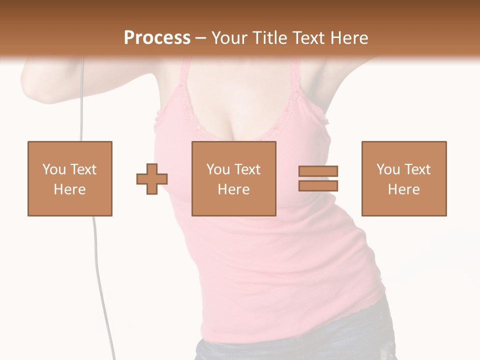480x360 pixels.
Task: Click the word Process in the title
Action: point(157,37)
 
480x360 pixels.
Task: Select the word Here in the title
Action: point(348,37)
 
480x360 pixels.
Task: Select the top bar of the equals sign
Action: point(318,171)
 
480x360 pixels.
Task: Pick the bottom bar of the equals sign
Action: point(318,185)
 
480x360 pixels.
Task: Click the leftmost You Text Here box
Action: point(69,178)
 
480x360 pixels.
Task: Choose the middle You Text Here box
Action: point(233,178)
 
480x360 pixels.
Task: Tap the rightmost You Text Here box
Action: point(403,178)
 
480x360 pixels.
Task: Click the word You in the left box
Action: point(53,169)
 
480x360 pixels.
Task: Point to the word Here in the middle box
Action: point(233,189)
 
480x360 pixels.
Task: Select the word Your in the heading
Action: point(230,37)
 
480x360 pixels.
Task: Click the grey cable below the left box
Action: point(97,270)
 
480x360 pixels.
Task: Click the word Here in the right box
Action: point(403,189)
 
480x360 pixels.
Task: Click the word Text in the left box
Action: point(83,169)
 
